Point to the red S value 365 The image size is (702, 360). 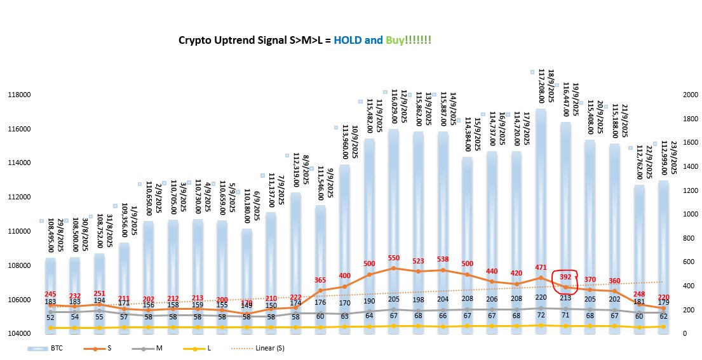pos(321,280)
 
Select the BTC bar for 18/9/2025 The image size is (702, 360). pos(541,216)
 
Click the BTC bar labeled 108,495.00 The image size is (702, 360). pos(50,292)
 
